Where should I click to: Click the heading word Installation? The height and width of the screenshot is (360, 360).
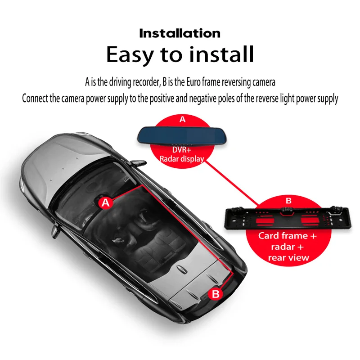point(180,33)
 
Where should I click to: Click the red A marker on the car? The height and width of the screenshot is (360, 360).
point(105,203)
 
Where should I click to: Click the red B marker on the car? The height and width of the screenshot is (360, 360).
point(216,294)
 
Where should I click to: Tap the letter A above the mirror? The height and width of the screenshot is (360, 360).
point(182,120)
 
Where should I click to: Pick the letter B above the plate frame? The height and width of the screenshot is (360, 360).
point(288,201)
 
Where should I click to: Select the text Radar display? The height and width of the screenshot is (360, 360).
point(182,158)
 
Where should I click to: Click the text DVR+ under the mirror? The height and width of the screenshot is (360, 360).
point(182,150)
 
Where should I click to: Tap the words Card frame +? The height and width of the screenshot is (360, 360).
point(289,236)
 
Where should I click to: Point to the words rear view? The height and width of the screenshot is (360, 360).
point(288,257)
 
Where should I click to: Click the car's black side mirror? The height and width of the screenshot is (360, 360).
point(56,230)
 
